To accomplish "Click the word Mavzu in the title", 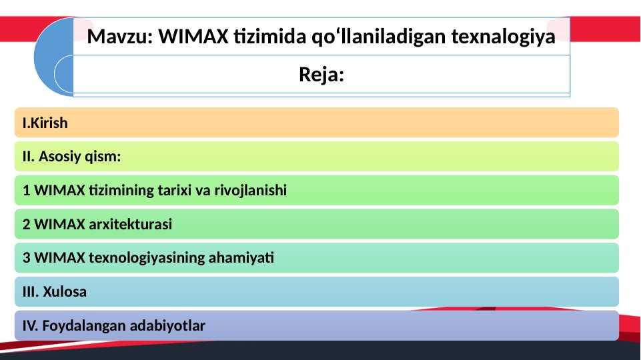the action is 119,37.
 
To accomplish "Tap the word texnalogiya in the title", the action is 503,37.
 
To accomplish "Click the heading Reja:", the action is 322,75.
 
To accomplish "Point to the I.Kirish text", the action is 45,123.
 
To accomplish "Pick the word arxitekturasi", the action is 131,224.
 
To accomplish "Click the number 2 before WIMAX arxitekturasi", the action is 27,224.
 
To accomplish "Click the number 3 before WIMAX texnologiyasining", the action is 27,258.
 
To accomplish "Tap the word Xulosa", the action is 65,292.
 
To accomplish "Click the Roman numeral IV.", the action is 30,326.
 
